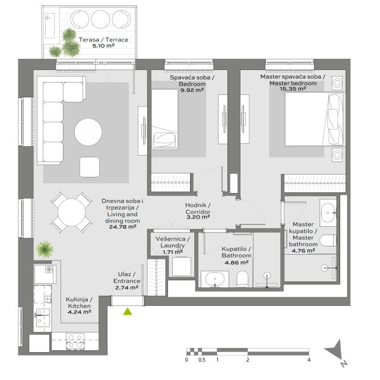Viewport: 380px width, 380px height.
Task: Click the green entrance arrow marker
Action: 127,311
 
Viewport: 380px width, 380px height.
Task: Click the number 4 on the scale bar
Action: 309,360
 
